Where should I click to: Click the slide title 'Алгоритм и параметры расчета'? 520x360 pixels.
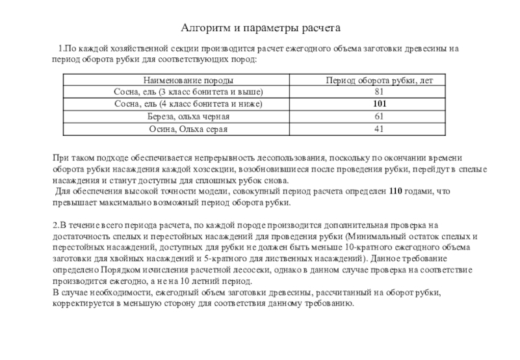coord(260,29)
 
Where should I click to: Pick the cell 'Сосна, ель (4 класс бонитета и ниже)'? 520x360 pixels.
coord(188,104)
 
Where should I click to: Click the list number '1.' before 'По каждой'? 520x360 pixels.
coord(61,49)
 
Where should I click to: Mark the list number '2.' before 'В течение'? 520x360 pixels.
coord(56,225)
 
